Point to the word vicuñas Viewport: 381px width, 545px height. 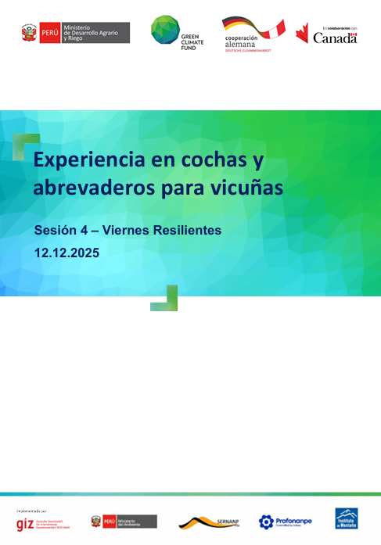coord(247,188)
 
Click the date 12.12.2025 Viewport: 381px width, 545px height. coord(66,253)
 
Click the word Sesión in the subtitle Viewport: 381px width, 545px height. coord(57,231)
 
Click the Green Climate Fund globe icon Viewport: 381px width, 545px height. coord(164,29)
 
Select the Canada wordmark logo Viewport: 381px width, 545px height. coord(335,38)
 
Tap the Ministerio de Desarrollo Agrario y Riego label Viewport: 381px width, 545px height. coord(106,32)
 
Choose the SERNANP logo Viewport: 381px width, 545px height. coord(207,522)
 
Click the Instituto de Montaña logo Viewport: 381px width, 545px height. coord(347,519)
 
